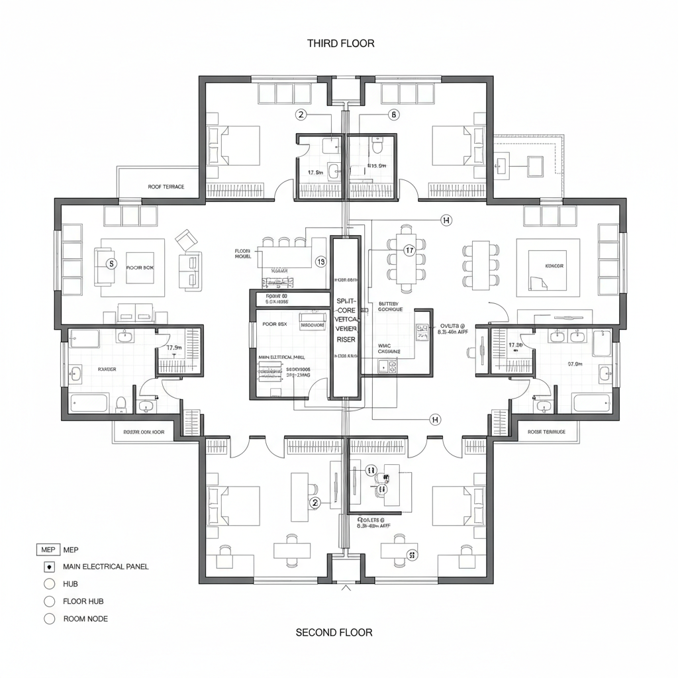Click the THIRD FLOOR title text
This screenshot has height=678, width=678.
point(340,43)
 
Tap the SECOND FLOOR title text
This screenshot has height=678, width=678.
point(334,632)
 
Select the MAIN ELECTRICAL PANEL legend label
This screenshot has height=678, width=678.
point(106,567)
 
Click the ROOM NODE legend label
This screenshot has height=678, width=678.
point(85,619)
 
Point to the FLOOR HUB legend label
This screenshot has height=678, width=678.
point(83,601)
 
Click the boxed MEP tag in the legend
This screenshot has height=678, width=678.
point(48,550)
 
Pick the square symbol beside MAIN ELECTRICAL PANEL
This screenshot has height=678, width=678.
point(48,567)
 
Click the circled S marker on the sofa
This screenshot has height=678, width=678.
point(111,263)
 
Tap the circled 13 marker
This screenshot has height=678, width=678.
point(321,262)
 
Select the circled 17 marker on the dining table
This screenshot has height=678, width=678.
point(409,250)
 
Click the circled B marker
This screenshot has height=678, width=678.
point(393,115)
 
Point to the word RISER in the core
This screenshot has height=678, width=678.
point(346,339)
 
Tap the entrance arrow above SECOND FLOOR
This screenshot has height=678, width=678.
point(344,587)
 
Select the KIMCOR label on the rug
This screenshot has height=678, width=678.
point(554,266)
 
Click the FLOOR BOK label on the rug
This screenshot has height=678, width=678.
point(139,267)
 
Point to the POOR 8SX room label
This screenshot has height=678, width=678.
point(274,324)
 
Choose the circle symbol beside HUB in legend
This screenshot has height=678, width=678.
point(48,584)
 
